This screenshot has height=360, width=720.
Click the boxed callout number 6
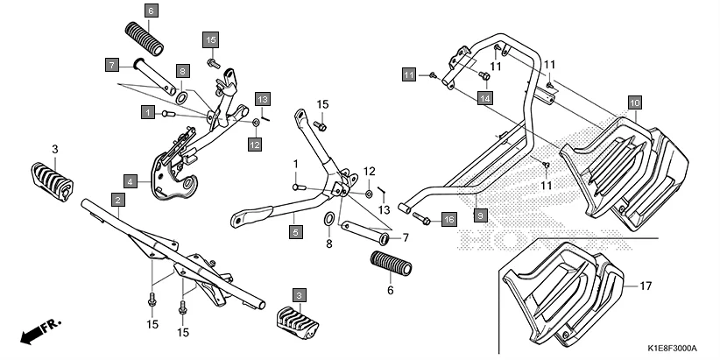coord(151,11)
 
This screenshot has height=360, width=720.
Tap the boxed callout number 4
coord(130,182)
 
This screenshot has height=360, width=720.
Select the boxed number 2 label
coord(116,201)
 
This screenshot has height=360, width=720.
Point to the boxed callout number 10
coord(634,103)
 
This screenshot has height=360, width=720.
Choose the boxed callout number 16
coord(448,218)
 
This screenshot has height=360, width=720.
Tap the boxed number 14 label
coord(484,101)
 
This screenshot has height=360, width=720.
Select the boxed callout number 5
coord(295,232)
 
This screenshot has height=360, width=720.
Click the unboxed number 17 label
coord(646,286)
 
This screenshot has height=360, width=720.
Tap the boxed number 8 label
coord(182,71)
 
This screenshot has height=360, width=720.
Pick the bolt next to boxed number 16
coord(421,218)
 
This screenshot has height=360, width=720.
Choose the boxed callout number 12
coord(253,144)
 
